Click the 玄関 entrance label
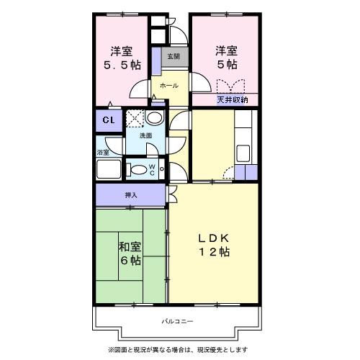coord(174,57)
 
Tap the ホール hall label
coord(169,86)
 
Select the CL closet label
coord(109,120)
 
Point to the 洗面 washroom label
coord(145,135)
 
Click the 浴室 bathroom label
coord(103,152)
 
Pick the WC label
coord(152,170)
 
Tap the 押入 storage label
coord(131,195)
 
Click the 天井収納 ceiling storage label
coord(233,99)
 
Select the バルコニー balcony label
coord(177,321)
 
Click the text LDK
coord(213,238)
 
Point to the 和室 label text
coord(130,247)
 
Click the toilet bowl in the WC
coord(137,170)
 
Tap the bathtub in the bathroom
coord(109,168)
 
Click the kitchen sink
coord(243,153)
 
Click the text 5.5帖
coord(122,65)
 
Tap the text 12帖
coord(214,252)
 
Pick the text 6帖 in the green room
coord(130,261)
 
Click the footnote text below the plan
coord(178,350)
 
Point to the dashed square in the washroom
coord(135,118)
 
